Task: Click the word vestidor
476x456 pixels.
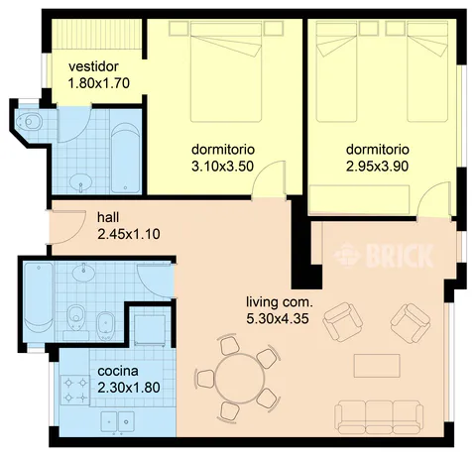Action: pyautogui.click(x=93, y=66)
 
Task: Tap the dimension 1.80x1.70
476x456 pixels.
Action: pyautogui.click(x=98, y=83)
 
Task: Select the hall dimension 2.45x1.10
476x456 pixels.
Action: pyautogui.click(x=129, y=234)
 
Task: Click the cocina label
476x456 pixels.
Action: pyautogui.click(x=118, y=371)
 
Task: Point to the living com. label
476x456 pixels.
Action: pyautogui.click(x=280, y=302)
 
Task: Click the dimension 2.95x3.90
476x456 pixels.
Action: pyautogui.click(x=377, y=167)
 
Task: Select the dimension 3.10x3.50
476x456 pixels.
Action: pyautogui.click(x=222, y=167)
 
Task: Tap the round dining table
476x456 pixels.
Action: pyautogui.click(x=240, y=378)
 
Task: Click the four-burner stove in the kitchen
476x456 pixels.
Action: pyautogui.click(x=75, y=391)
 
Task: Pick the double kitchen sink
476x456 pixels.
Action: pyautogui.click(x=117, y=421)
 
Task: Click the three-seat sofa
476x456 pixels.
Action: pyautogui.click(x=379, y=417)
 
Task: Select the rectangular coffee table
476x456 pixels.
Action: pyautogui.click(x=377, y=366)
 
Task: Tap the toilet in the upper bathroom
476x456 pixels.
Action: pyautogui.click(x=29, y=122)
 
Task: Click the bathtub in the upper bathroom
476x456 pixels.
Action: pyautogui.click(x=125, y=158)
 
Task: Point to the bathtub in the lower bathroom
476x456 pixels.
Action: pyautogui.click(x=39, y=302)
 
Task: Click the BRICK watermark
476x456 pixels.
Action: pyautogui.click(x=384, y=255)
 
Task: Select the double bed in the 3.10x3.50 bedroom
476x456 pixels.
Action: pyautogui.click(x=226, y=72)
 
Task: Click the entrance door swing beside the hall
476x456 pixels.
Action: pyautogui.click(x=68, y=227)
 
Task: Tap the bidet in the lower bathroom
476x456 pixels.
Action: pyautogui.click(x=106, y=325)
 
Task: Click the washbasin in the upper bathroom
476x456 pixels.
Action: pyautogui.click(x=80, y=182)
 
